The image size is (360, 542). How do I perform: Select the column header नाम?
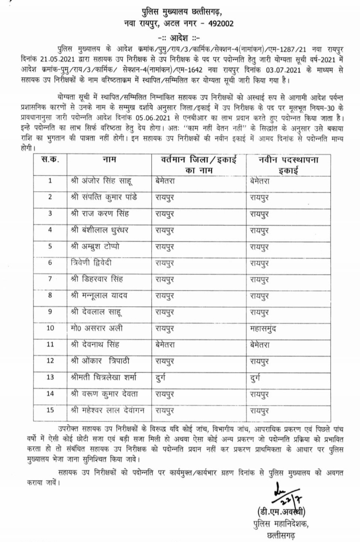(109, 160)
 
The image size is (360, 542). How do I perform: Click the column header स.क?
(50, 160)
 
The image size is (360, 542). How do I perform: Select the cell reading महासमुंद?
(263, 328)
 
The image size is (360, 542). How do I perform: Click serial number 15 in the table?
(50, 410)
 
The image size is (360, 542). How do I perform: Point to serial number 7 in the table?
(50, 279)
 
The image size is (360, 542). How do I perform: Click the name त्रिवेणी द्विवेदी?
(89, 263)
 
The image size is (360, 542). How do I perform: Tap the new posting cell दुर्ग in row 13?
(255, 377)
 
